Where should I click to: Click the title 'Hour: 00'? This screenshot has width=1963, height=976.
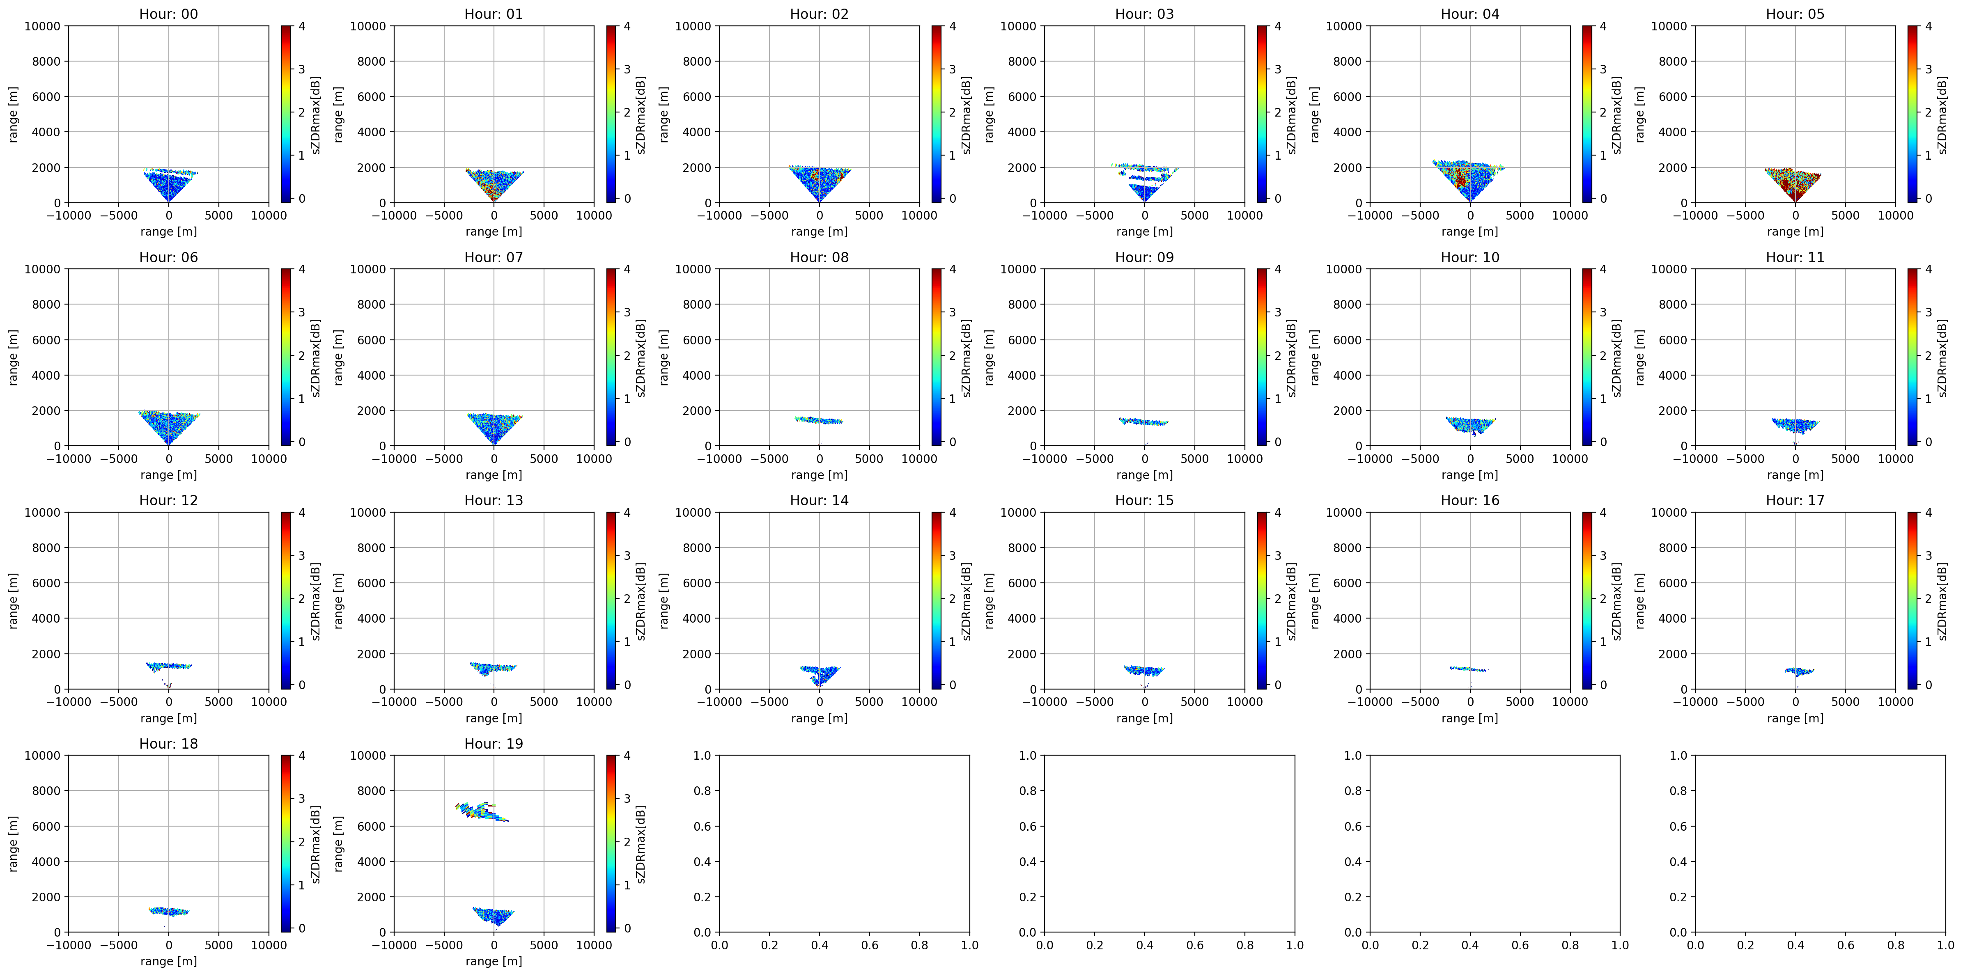pos(168,14)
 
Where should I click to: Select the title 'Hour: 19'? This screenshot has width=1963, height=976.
pos(494,744)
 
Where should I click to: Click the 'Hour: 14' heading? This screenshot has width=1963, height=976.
pos(819,501)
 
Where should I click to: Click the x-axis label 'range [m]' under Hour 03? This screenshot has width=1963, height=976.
pos(1145,231)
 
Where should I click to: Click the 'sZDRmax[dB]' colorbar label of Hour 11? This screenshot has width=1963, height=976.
pos(1942,357)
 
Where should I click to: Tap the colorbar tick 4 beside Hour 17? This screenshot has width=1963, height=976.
pos(1929,513)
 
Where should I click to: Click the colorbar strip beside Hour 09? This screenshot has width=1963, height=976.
pos(1262,357)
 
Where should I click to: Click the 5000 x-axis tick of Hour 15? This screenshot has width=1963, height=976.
pos(1194,702)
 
